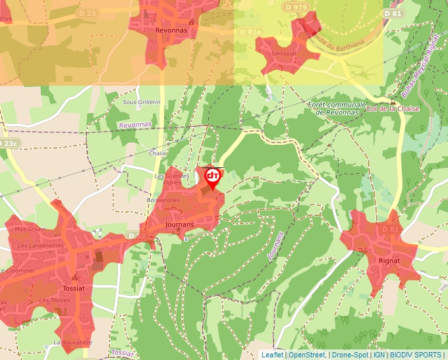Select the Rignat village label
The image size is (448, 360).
click(389, 261)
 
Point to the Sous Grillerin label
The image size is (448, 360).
click(142, 102)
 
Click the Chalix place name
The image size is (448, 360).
click(157, 153)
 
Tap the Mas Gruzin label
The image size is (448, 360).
click(30, 229)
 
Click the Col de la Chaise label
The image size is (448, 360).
click(391, 109)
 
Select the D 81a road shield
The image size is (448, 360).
click(250, 31)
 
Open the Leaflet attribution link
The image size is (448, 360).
click(272, 355)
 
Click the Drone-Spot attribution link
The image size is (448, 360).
click(349, 355)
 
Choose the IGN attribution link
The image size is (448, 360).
click(379, 355)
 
